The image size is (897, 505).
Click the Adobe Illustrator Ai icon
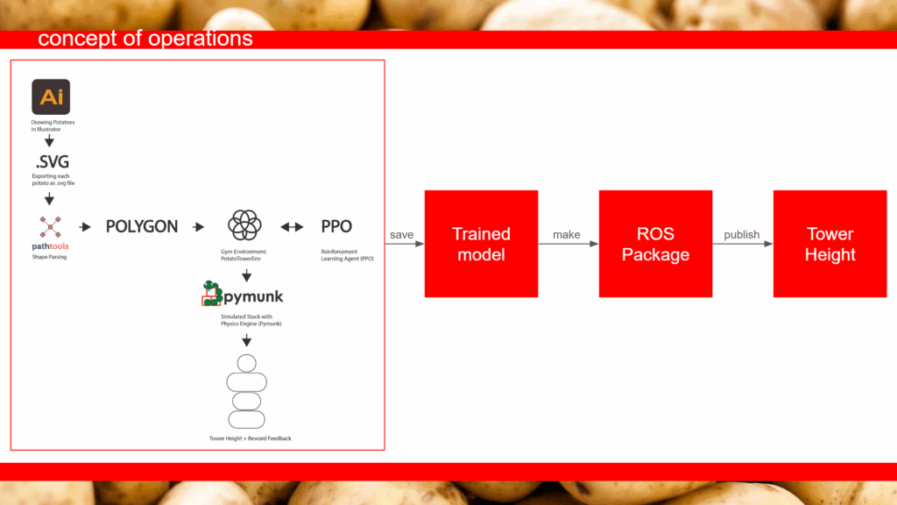click(x=51, y=96)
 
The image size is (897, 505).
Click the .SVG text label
click(x=52, y=162)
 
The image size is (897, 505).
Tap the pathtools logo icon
click(x=50, y=227)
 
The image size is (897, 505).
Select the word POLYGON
click(x=142, y=227)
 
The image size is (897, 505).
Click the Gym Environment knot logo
click(x=245, y=225)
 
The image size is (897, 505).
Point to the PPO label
click(x=336, y=227)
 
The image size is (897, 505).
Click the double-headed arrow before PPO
click(x=292, y=227)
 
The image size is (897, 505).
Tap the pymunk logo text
click(x=253, y=296)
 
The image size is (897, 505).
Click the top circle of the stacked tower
click(x=246, y=363)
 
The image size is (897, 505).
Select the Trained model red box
click(x=481, y=244)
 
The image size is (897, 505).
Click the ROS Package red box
click(x=655, y=244)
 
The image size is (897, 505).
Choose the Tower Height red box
click(x=830, y=244)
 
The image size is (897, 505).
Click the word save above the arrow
click(x=401, y=235)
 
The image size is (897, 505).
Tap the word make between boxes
click(x=567, y=235)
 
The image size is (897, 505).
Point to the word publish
click(x=742, y=235)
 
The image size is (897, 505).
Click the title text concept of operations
click(x=145, y=39)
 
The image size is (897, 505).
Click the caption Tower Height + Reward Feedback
click(x=250, y=438)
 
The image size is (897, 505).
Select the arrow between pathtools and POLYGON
click(x=85, y=227)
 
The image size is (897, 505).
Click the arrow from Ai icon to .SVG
click(x=49, y=141)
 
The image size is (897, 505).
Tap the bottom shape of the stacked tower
click(x=246, y=420)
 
